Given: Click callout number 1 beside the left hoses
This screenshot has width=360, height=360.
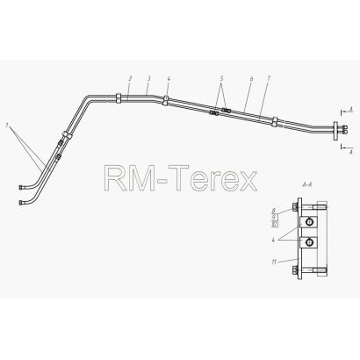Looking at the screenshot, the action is [x=8, y=126].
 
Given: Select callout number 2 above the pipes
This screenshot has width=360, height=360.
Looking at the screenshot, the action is [x=130, y=78].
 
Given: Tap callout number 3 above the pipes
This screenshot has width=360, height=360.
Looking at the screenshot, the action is [x=149, y=78].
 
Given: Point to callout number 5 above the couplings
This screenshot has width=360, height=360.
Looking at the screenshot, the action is [x=221, y=78].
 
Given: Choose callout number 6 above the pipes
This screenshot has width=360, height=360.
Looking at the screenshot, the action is [x=251, y=78].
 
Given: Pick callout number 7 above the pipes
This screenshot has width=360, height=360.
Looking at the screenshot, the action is [x=269, y=78].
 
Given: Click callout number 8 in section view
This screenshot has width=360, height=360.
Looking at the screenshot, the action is [x=274, y=211].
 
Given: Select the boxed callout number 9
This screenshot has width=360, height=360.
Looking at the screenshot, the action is [x=274, y=218].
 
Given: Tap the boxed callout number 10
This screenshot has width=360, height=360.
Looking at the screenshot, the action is [x=275, y=224].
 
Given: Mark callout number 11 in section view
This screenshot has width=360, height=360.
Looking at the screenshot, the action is [x=274, y=263].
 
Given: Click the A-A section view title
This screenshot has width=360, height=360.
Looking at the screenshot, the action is [x=307, y=184].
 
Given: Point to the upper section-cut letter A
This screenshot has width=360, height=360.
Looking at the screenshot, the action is [x=351, y=110].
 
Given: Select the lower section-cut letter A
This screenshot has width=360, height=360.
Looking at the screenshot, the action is [x=351, y=151].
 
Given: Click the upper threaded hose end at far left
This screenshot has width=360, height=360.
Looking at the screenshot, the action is [x=21, y=187].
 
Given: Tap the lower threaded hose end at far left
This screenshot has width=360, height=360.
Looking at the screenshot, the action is [x=21, y=202].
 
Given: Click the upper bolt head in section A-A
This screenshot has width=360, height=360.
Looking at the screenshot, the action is [x=294, y=207].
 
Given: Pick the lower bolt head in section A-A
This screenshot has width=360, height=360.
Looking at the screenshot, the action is [x=294, y=270].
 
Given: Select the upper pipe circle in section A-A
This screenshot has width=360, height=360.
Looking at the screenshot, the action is [x=309, y=222].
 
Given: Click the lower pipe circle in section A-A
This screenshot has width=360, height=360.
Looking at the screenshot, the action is [x=309, y=241].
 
